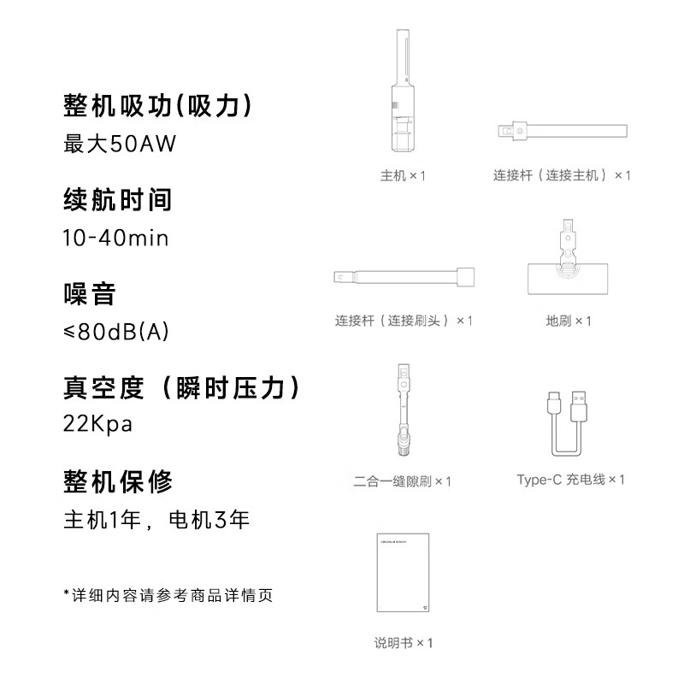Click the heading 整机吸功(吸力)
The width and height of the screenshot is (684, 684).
point(159,106)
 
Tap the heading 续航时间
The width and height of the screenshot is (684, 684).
point(118,200)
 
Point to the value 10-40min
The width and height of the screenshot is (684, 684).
point(115,238)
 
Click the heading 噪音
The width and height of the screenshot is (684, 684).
point(90,294)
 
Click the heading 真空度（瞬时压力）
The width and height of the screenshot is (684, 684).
point(184,387)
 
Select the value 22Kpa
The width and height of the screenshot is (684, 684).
point(98,425)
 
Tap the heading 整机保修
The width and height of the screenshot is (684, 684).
point(118,481)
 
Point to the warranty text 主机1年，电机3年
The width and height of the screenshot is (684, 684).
point(156,519)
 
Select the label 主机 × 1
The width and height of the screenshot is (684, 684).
point(403,175)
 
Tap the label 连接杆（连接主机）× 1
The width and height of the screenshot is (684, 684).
point(562,175)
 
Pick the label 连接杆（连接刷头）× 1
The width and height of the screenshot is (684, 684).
point(404,321)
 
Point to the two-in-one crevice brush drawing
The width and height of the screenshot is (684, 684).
point(402,410)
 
